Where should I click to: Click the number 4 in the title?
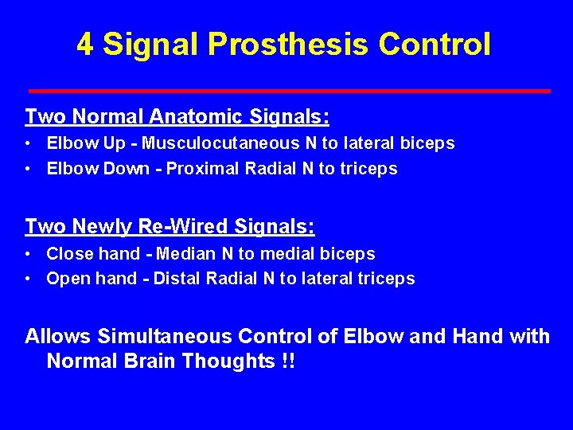pos(85,45)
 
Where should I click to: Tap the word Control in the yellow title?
pos(435,45)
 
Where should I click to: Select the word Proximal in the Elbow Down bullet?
pos(194,169)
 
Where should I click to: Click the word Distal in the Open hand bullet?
pos(177,279)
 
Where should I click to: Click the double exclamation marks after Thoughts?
pos(288,361)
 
